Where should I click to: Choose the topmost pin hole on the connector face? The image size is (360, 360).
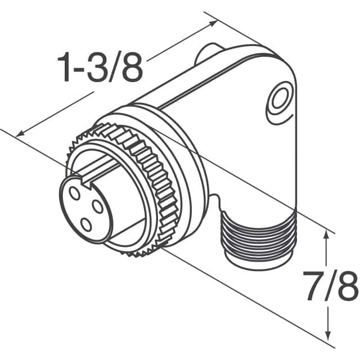click(74, 192)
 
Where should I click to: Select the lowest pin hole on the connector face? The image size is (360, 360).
click(86, 225)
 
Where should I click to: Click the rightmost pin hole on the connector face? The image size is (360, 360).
click(98, 206)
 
